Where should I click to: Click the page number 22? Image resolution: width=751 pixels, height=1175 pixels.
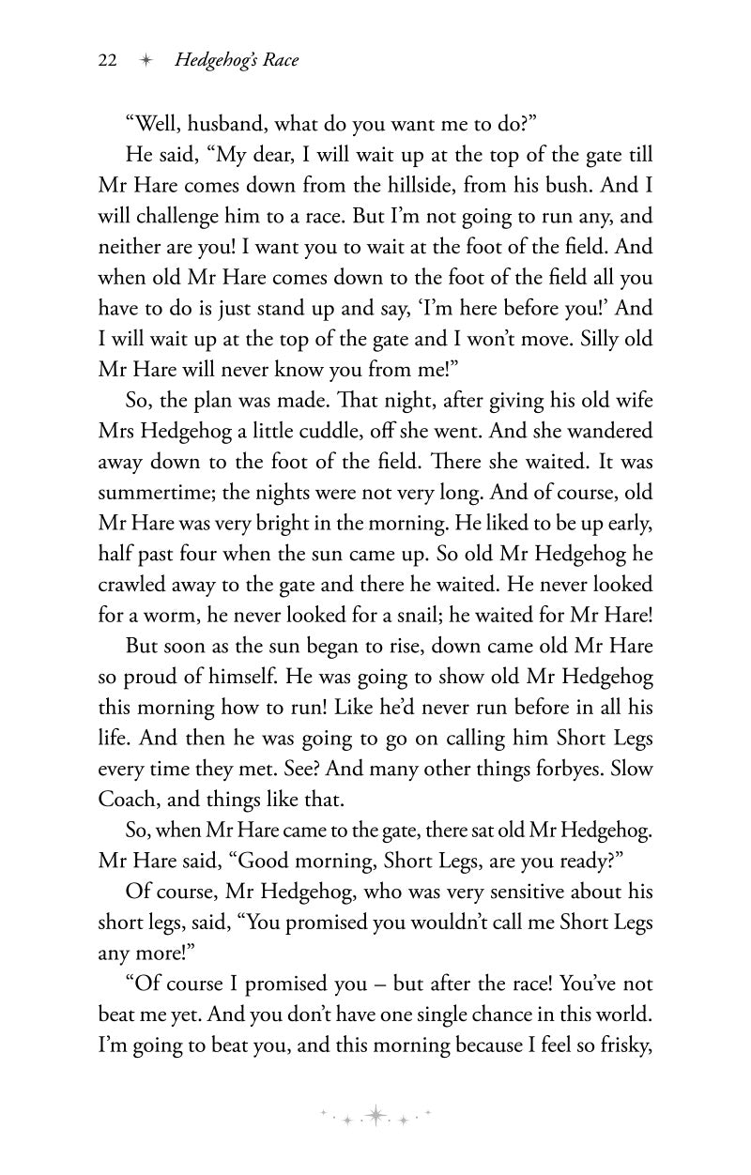(x=107, y=60)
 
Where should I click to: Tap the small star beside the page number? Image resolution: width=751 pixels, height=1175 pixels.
(x=145, y=60)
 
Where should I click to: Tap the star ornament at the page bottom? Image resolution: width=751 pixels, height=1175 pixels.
(x=375, y=1114)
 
